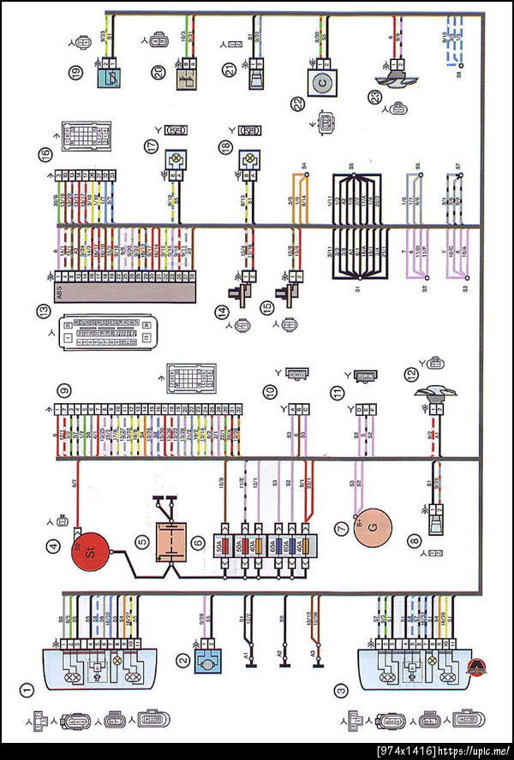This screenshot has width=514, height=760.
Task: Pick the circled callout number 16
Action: click(45, 154)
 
